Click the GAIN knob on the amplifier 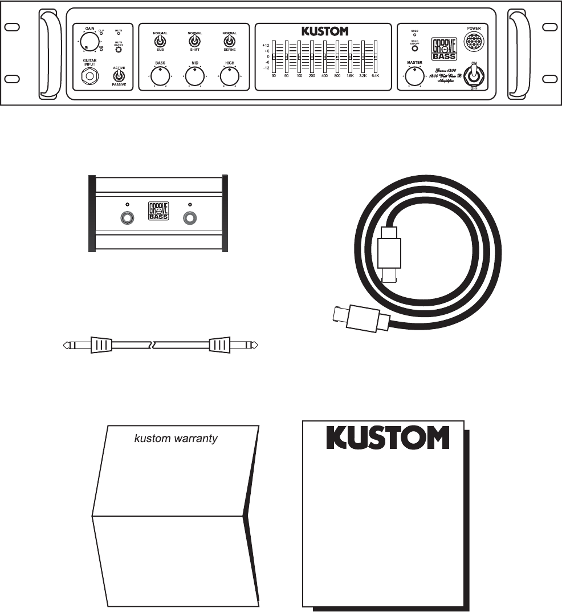click(88, 41)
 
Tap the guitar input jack click(89, 75)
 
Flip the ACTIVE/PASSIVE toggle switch click(120, 75)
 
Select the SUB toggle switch click(160, 42)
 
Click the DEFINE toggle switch click(229, 42)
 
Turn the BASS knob click(160, 76)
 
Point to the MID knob click(194, 76)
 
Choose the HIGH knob click(229, 76)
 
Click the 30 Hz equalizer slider click(274, 56)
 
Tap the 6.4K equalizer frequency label click(375, 75)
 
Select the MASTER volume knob click(414, 76)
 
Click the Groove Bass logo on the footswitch click(158, 210)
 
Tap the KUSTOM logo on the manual click(388, 437)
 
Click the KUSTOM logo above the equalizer click(324, 31)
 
